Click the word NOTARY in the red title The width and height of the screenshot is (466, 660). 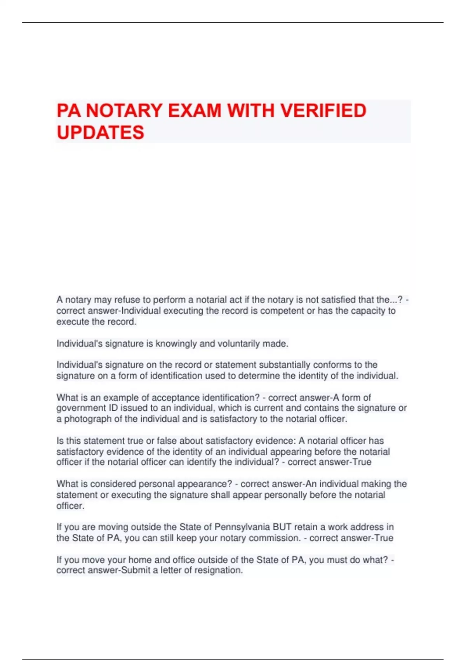point(124,111)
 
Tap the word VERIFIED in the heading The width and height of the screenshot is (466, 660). point(323,111)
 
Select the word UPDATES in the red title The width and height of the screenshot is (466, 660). point(100,132)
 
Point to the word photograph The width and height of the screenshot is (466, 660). point(84,419)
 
